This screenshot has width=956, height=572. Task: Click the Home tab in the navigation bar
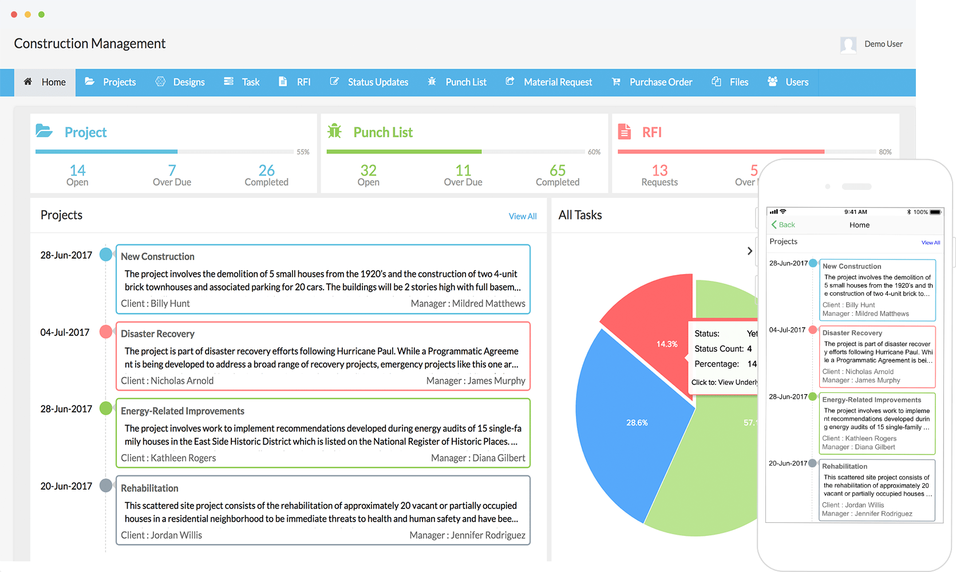coord(45,82)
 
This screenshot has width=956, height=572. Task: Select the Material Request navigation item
coord(550,82)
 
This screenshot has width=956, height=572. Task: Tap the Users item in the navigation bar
coord(788,82)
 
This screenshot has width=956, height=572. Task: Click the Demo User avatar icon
coord(848,45)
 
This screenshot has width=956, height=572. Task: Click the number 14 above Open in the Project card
coord(77,170)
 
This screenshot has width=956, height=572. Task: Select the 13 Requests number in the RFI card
coord(659,170)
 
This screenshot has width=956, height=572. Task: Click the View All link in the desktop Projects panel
coord(522,216)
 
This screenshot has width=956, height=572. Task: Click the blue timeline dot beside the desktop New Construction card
coord(106,255)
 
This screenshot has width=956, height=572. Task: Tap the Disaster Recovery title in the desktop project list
coord(157,334)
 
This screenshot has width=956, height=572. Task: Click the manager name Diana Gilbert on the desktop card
coord(499,458)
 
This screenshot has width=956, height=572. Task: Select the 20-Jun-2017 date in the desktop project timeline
coord(66,486)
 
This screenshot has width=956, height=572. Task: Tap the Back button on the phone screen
coord(783,225)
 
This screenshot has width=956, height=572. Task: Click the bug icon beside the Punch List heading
coord(334,132)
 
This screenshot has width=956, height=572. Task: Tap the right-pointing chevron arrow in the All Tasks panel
coord(749,251)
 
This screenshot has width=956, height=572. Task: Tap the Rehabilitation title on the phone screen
coord(844,467)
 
